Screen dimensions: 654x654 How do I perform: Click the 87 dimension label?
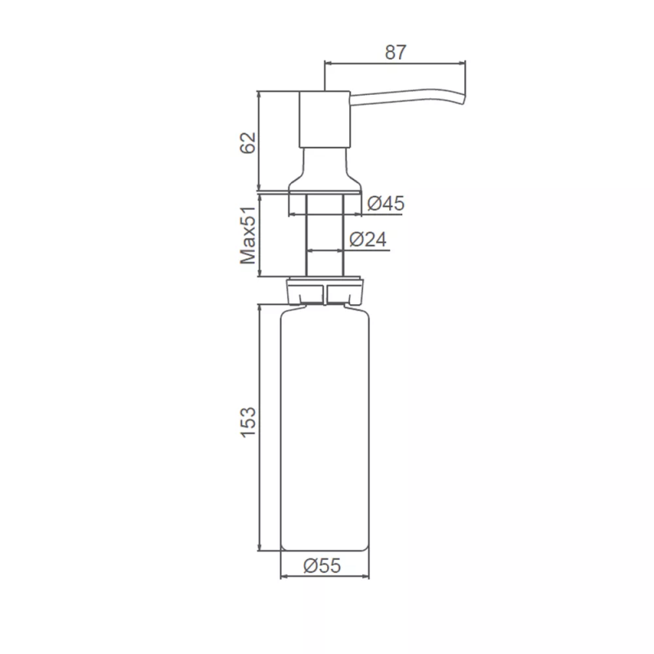pos(395,52)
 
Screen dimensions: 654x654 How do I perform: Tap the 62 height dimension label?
pos(248,142)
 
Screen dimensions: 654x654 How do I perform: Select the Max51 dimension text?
pos(248,235)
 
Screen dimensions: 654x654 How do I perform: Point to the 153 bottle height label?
pos(248,422)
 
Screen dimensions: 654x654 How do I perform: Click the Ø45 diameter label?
pos(386,204)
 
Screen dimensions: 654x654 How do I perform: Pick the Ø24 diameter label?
pos(368,240)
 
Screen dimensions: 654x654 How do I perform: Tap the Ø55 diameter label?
pos(322,566)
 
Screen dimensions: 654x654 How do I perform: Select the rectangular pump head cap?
pos(325,119)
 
